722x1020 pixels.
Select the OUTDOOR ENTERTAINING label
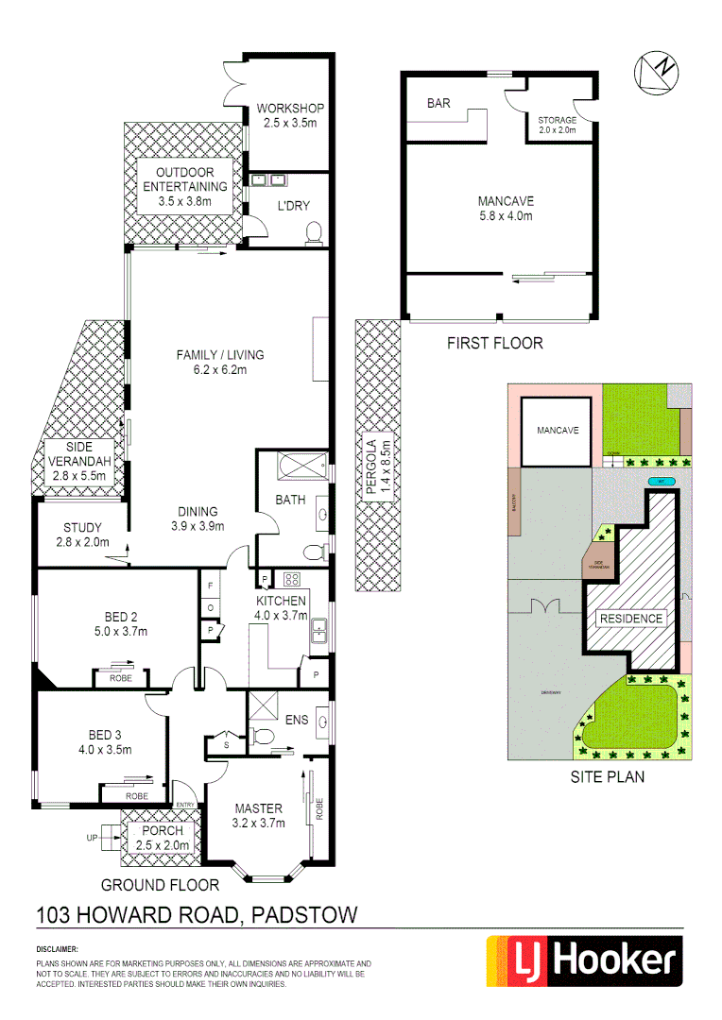(185, 179)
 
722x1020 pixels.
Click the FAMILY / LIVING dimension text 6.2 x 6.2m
(221, 370)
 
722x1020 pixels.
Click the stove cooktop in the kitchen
(291, 580)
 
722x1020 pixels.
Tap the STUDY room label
(82, 527)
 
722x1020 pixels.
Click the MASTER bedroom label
(258, 808)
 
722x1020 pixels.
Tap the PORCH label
(159, 830)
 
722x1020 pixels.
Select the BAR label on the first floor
(438, 103)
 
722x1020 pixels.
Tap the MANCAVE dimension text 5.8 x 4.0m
(506, 216)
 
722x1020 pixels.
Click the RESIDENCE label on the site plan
(631, 619)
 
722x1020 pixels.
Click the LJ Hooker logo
(583, 961)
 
